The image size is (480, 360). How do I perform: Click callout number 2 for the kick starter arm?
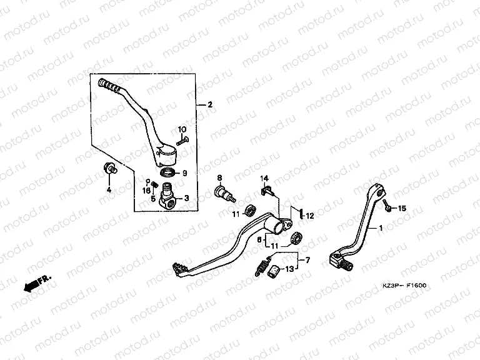(210, 105)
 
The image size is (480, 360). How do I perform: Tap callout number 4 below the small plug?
(107, 189)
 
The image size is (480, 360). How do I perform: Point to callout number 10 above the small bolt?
(182, 129)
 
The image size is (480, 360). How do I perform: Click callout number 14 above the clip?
(264, 178)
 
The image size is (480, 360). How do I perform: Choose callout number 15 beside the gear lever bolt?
(402, 207)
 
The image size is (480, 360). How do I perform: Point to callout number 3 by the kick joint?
(186, 198)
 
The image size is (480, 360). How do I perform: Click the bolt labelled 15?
(388, 206)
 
